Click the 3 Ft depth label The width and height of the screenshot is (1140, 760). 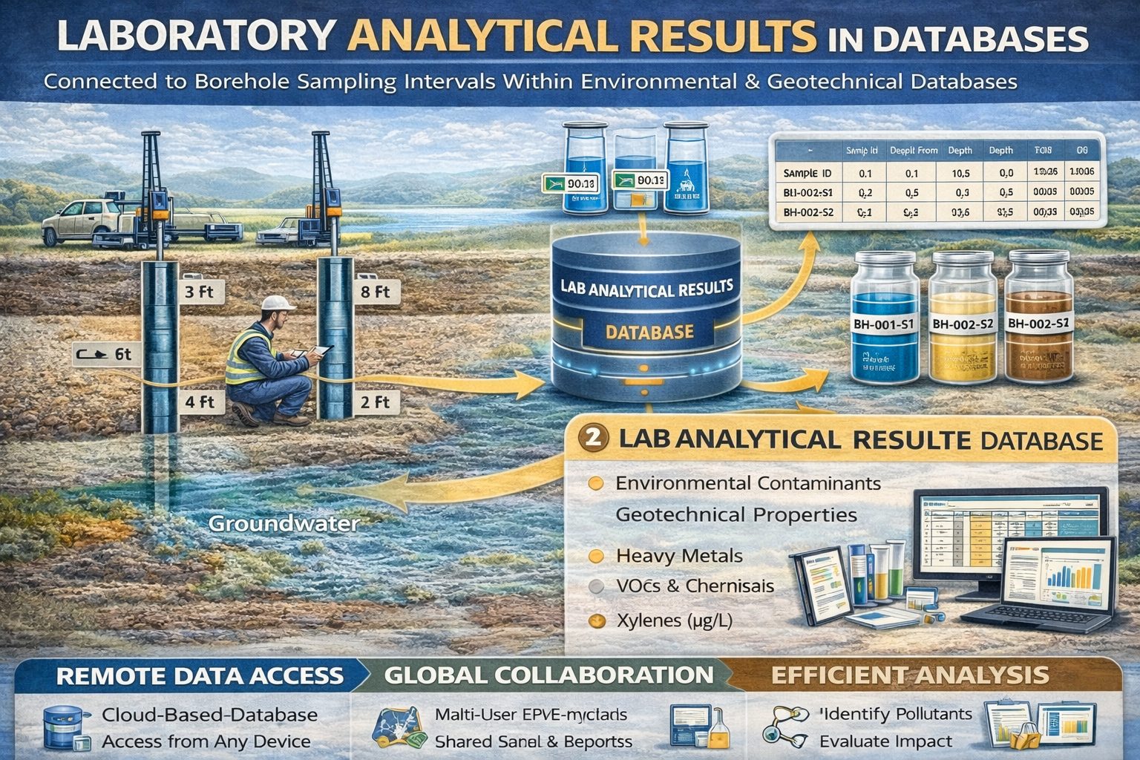(198, 292)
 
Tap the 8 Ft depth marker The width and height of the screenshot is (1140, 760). (375, 292)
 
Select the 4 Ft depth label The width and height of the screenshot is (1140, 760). (198, 402)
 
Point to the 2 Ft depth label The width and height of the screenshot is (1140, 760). (375, 402)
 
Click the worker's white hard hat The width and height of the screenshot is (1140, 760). (279, 304)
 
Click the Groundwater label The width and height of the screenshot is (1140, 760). (284, 523)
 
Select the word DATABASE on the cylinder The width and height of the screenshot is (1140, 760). (649, 332)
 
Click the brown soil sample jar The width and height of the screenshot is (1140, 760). (1039, 319)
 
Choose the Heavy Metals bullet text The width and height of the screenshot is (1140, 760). (679, 555)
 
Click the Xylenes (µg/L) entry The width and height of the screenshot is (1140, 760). (674, 620)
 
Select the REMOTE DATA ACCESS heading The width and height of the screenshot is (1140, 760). (200, 675)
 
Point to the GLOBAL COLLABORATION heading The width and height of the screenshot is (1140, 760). (549, 675)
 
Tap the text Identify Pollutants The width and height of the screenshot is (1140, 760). (897, 714)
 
